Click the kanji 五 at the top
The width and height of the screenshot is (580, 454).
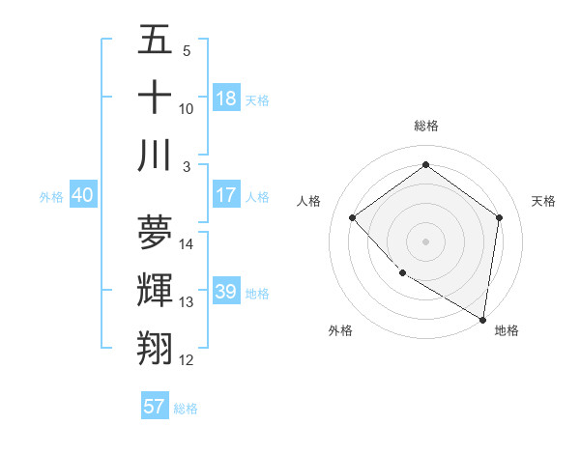(155, 41)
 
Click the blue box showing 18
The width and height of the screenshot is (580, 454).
(226, 99)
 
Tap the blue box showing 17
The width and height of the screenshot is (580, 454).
(226, 195)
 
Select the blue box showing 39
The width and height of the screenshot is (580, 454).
(226, 292)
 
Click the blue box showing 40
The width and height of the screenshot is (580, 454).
(82, 195)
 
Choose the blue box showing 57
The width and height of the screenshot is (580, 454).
(155, 407)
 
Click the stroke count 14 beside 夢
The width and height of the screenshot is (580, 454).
(188, 243)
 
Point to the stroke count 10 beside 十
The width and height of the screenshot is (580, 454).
(187, 108)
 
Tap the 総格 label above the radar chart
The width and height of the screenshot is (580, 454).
(426, 126)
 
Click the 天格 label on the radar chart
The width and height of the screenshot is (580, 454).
(544, 201)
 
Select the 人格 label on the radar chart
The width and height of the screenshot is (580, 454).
(309, 201)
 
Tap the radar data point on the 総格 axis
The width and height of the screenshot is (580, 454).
(426, 165)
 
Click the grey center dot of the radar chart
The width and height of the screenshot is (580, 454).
(426, 241)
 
